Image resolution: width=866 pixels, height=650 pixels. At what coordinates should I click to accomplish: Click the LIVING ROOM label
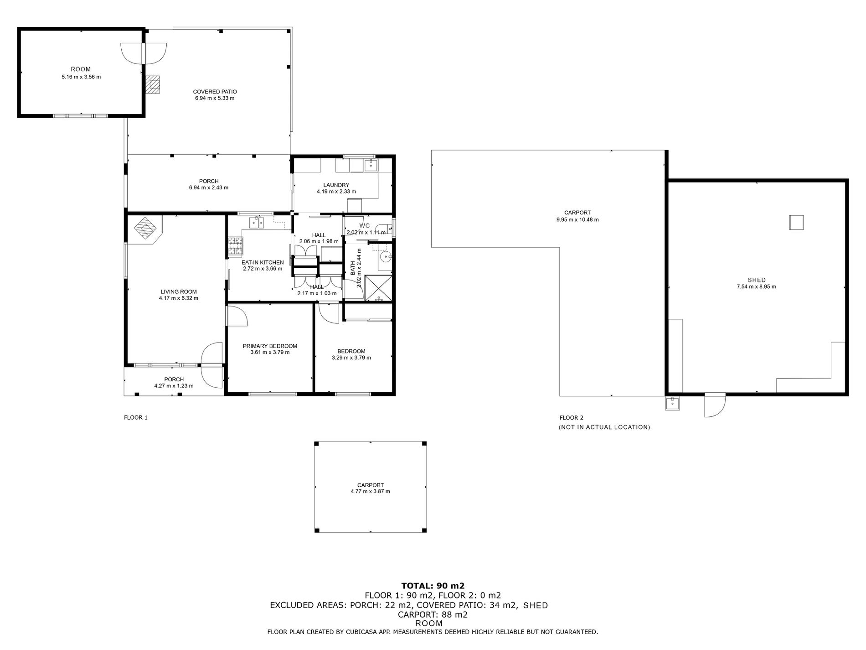point(178,292)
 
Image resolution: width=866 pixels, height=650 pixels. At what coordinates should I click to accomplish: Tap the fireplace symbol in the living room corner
point(146,228)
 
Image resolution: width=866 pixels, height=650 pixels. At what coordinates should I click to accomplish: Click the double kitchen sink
point(257,223)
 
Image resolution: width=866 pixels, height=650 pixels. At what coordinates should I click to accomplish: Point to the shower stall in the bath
point(379,287)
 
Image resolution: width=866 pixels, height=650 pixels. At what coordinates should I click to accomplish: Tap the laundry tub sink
point(370,165)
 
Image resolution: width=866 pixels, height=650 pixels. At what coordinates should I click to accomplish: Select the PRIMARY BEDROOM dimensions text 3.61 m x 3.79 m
point(270,352)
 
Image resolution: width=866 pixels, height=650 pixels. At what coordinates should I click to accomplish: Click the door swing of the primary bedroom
point(237,316)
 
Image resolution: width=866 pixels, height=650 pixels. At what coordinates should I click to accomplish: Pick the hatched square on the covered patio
point(153,84)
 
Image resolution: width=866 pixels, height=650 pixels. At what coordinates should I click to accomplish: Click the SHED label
point(757,280)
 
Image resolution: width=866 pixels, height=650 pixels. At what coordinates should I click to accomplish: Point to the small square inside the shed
point(796,222)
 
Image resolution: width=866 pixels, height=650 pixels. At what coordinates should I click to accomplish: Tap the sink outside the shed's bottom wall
point(672,403)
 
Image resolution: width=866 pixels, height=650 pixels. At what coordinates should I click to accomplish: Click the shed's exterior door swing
point(715,406)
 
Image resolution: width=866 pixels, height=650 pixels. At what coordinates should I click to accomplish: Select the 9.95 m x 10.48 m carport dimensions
point(577,219)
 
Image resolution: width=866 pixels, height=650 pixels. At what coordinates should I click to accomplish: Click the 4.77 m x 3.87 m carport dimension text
point(370,491)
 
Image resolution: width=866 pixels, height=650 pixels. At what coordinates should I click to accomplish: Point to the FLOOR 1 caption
point(136,417)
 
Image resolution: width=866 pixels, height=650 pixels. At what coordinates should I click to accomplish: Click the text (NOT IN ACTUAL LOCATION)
point(604,427)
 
